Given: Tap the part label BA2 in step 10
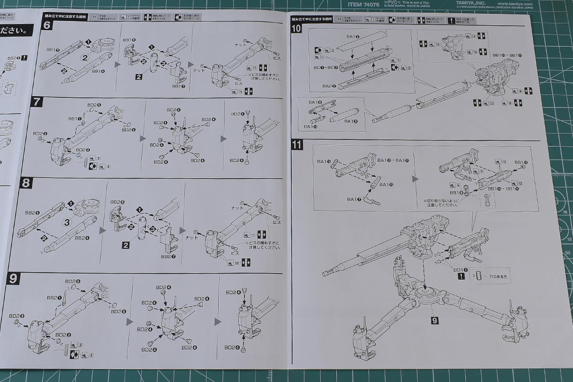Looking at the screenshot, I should [x=319, y=86].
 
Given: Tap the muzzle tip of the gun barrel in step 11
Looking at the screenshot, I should [x=324, y=274].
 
